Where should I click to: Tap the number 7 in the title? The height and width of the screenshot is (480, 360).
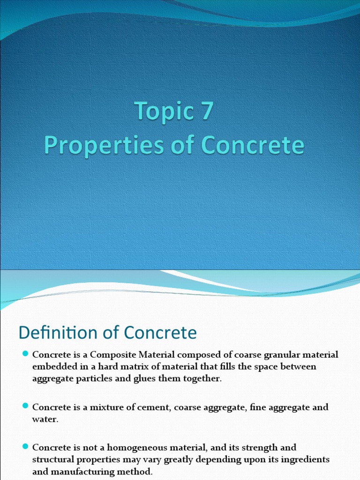206,112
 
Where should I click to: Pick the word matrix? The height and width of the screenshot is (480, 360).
138,366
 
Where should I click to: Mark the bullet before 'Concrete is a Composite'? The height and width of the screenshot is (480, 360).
26,354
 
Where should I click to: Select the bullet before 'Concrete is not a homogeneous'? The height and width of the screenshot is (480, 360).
26,447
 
